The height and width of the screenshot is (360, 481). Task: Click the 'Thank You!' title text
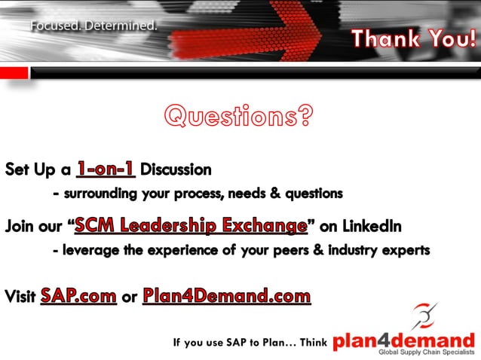click(412, 38)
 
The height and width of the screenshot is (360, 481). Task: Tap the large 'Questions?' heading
click(238, 117)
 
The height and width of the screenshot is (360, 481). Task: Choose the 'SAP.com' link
click(78, 295)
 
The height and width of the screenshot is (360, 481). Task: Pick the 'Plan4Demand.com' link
click(226, 295)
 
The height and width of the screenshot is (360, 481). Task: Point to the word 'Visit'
click(20, 296)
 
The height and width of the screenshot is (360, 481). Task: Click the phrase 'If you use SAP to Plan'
click(226, 343)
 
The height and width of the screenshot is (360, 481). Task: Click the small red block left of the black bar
click(14, 72)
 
